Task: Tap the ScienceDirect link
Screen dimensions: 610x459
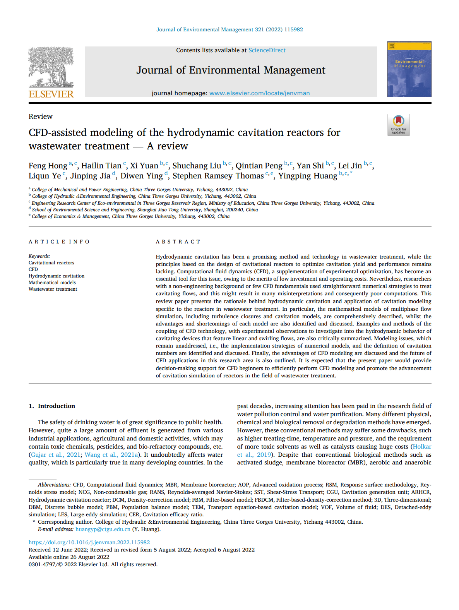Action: pos(267,50)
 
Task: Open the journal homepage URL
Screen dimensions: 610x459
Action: pos(259,93)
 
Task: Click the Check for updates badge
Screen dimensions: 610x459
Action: pos(398,125)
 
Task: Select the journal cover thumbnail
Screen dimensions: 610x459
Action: pos(409,69)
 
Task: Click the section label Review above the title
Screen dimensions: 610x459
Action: pos(40,117)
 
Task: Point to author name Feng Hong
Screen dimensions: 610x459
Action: pos(48,166)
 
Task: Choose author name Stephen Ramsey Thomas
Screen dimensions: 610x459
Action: pos(218,176)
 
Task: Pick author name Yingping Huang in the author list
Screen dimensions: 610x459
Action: pos(308,176)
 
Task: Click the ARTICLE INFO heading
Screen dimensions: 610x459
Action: pos(59,242)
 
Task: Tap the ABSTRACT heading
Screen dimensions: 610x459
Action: pos(178,242)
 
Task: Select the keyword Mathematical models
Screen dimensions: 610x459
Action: pos(52,283)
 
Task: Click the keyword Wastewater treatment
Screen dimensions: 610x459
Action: pos(53,289)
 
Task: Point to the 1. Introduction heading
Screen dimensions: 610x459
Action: pos(52,406)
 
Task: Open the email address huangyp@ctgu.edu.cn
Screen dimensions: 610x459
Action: pos(103,529)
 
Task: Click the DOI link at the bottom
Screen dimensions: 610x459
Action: pos(89,542)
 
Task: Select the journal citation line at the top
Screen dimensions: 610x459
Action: pos(229,29)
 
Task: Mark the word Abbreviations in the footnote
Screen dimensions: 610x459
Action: pos(54,485)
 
